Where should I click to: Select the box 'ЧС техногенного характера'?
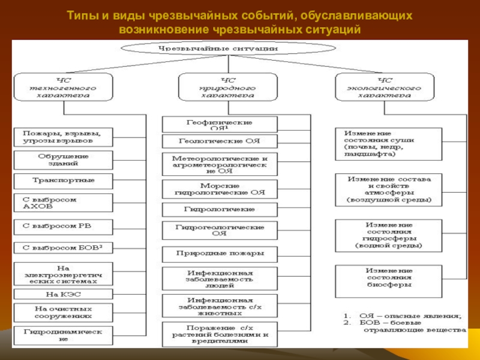coord(62,87)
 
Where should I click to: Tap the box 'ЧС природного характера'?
coord(228,87)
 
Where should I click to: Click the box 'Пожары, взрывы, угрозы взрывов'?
coord(62,137)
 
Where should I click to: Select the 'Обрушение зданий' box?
coord(62,160)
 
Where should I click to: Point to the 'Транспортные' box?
coord(62,180)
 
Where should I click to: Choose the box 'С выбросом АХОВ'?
coord(62,203)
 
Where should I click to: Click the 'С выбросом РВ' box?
coord(62,227)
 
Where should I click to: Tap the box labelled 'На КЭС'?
coord(62,295)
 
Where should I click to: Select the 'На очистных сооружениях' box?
coord(62,311)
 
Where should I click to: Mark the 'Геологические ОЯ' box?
coord(220,142)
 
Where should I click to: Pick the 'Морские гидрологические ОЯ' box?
coord(220,190)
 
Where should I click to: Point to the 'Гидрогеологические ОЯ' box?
coord(220,230)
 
